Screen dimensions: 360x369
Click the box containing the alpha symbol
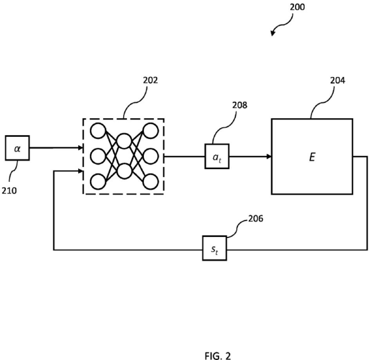click(17, 148)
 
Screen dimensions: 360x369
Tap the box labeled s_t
click(214, 248)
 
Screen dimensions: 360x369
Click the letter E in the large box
click(312, 157)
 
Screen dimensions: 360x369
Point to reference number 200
click(297, 7)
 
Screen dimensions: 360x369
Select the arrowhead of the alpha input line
click(81, 148)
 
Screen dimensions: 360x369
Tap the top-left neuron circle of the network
click(98, 131)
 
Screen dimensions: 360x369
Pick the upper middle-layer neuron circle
click(124, 141)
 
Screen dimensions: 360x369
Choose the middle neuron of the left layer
click(98, 156)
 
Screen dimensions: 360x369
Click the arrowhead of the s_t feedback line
click(81, 171)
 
